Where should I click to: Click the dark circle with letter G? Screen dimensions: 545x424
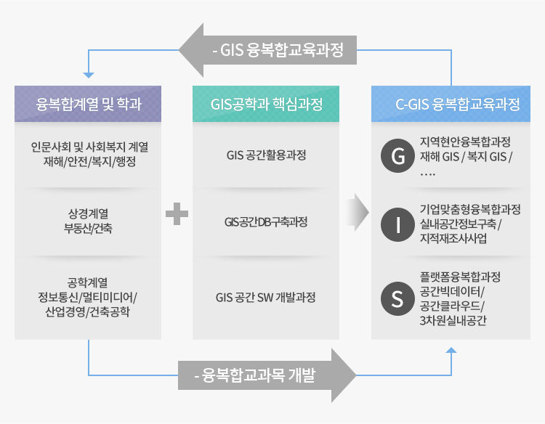point(397,155)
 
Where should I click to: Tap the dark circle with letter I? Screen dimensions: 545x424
point(397,224)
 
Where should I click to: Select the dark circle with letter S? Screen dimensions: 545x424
point(397,298)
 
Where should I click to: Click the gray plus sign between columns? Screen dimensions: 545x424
point(177,213)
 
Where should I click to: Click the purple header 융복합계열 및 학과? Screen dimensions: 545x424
point(88,104)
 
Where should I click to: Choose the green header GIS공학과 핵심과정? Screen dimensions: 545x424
point(266,104)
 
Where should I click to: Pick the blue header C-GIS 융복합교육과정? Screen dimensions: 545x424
point(451,104)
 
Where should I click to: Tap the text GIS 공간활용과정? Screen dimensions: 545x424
point(266,155)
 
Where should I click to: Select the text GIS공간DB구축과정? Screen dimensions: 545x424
point(266,221)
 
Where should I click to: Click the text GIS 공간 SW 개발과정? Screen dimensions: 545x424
point(265,297)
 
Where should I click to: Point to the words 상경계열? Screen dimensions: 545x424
point(88,213)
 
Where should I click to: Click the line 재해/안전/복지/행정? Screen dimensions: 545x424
point(89,161)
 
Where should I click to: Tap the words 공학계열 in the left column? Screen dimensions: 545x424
point(88,282)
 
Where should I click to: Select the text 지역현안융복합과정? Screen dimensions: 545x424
point(465,142)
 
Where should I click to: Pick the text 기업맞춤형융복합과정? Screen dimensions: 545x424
point(470,209)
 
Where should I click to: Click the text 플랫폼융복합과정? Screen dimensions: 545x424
point(460,277)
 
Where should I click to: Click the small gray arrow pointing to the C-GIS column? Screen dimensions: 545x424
point(358,213)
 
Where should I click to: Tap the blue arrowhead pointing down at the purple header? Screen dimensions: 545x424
point(89,76)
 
